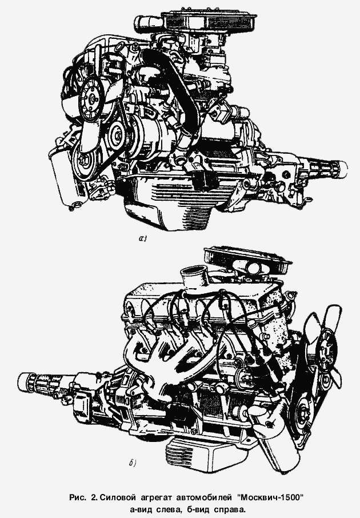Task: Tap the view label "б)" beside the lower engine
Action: click(x=132, y=464)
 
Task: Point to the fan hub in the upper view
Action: click(x=92, y=98)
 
